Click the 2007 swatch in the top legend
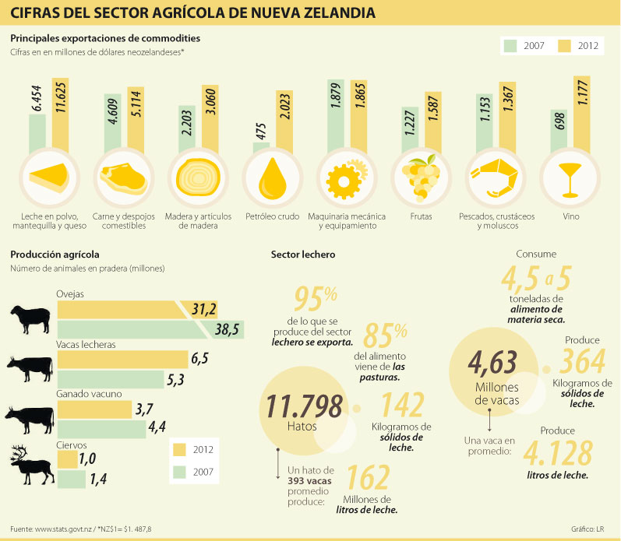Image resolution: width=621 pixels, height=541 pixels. [511, 45]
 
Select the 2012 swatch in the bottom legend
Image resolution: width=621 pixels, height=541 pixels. [179, 449]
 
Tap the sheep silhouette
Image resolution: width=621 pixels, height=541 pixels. [30, 318]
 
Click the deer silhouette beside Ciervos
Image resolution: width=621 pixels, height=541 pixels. [30, 464]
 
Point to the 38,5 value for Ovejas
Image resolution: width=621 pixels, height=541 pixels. [226, 329]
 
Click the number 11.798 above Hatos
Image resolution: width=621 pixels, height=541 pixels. [304, 406]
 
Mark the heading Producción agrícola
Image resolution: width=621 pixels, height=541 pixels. [55, 254]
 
